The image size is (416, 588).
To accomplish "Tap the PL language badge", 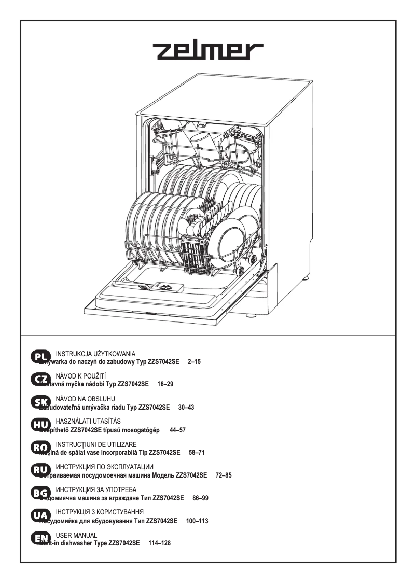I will (x=40, y=356).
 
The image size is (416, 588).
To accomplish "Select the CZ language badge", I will (x=40, y=380).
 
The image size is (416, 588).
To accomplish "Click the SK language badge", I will (x=40, y=403).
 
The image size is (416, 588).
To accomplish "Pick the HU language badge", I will (x=40, y=426).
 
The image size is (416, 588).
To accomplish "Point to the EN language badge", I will (x=40, y=540).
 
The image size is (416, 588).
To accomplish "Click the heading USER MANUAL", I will (x=76, y=535).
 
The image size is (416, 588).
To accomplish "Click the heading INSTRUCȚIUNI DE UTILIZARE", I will (x=96, y=444).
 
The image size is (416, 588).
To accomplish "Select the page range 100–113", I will (x=197, y=521).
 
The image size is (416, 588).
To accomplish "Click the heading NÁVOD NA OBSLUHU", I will (x=85, y=398).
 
